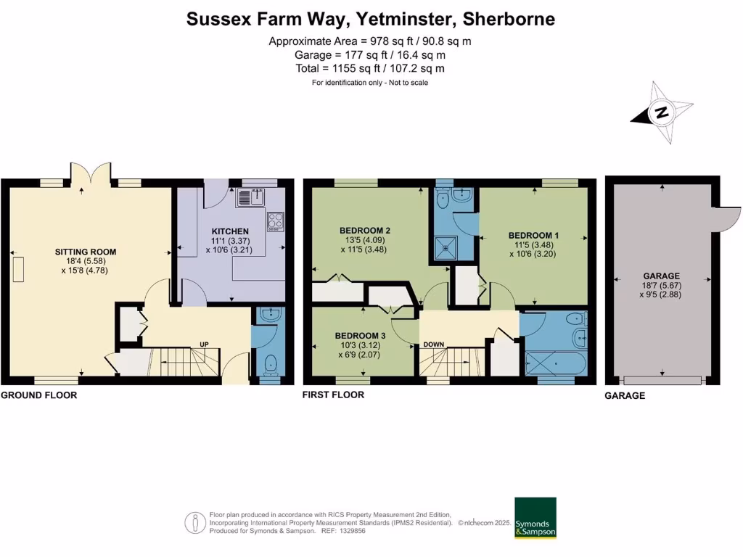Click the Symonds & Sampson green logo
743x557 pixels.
[x=535, y=518]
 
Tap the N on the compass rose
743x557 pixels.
[x=661, y=112]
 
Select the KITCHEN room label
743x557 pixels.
[x=230, y=231]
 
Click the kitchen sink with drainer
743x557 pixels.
[x=250, y=197]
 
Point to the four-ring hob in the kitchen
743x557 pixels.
[x=276, y=222]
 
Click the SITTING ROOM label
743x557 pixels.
[x=86, y=252]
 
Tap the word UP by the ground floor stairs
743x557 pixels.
[x=204, y=344]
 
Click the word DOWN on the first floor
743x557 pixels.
[x=434, y=344]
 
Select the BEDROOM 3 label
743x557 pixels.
[x=360, y=336]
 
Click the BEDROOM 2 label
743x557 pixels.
[x=365, y=231]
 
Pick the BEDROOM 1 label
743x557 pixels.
[x=533, y=236]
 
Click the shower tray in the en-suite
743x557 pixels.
[x=446, y=248]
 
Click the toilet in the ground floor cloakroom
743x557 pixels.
[x=271, y=366]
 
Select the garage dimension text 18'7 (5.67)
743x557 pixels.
[x=661, y=286]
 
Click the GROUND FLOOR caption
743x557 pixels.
[x=39, y=395]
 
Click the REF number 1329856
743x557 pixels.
[x=353, y=531]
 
